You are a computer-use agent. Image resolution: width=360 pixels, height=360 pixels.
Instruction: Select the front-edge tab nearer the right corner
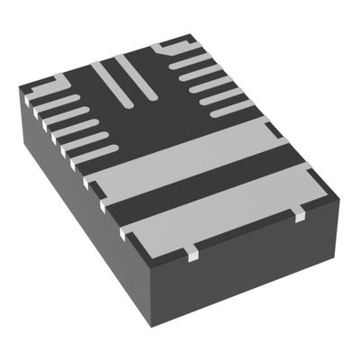(x=296, y=213)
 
